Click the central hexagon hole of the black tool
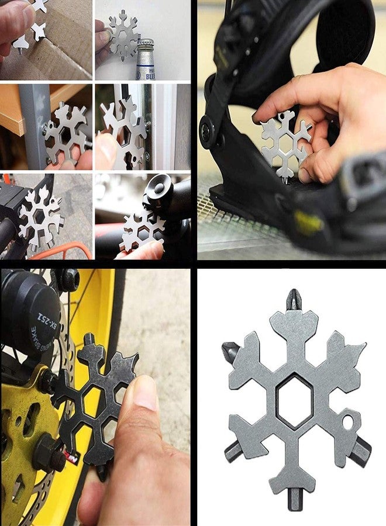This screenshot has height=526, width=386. click(93, 403)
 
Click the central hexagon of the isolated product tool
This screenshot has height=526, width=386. click(295, 401)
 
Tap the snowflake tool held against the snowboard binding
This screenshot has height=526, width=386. click(285, 143)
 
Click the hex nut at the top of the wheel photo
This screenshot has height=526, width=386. click(69, 279)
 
